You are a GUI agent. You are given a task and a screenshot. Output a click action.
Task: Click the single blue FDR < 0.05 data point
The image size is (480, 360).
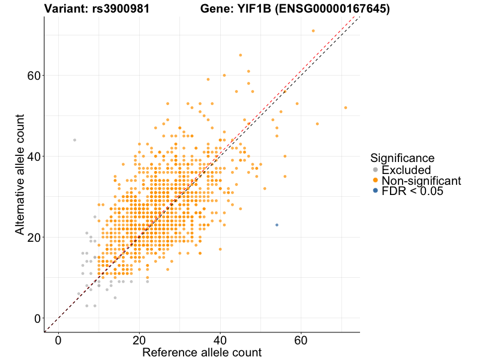277,225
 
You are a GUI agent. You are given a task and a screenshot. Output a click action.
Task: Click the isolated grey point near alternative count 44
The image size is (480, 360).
74,140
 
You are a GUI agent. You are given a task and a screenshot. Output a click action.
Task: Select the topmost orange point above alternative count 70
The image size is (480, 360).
313,31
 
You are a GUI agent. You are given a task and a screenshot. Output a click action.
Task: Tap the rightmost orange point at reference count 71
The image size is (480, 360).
346,107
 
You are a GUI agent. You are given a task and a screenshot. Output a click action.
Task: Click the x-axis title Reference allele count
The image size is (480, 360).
202,352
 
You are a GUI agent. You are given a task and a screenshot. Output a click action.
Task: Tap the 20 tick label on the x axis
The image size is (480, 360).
139,340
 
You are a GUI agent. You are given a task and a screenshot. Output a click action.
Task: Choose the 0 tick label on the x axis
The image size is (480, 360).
58,340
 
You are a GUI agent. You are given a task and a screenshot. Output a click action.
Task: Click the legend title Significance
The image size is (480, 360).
402,158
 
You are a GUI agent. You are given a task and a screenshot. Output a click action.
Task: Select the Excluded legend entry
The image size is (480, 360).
406,170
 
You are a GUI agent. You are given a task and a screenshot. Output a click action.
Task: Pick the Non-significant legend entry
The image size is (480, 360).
421,181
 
